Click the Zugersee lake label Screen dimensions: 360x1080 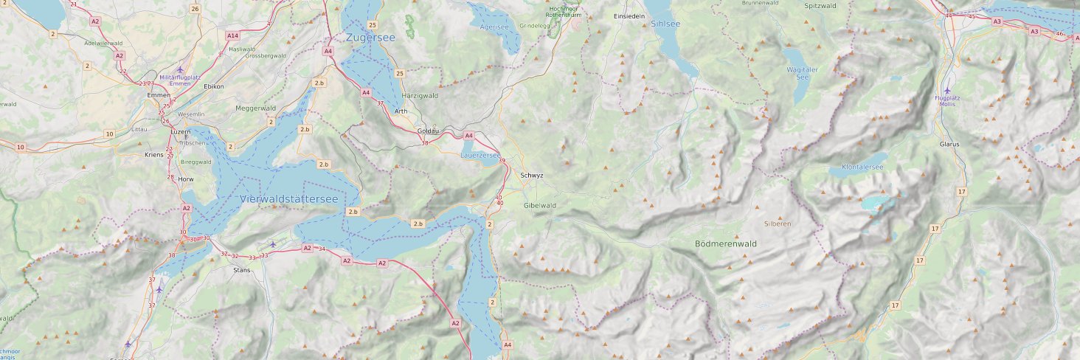(x=370, y=37)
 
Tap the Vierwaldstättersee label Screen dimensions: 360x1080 (x=288, y=199)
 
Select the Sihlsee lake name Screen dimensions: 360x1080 (x=665, y=24)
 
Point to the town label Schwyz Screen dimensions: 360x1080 (x=531, y=176)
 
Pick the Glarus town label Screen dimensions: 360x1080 (x=949, y=144)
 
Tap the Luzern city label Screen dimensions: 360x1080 (x=181, y=131)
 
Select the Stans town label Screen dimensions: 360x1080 (x=241, y=270)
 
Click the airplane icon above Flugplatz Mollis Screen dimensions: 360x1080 (x=948, y=91)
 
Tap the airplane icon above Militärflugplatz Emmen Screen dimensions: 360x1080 (x=180, y=69)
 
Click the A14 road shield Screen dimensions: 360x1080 (x=233, y=35)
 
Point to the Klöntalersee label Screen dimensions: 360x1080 (x=862, y=167)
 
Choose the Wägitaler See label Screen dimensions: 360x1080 (x=803, y=73)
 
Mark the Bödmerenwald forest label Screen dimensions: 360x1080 (x=725, y=243)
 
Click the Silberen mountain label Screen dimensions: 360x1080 (x=778, y=223)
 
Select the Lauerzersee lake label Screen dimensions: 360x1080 (x=480, y=155)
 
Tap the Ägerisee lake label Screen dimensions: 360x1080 (x=494, y=27)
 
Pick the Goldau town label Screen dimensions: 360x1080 (x=429, y=131)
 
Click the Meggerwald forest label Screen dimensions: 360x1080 (x=255, y=108)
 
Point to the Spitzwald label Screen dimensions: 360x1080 (x=820, y=5)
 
